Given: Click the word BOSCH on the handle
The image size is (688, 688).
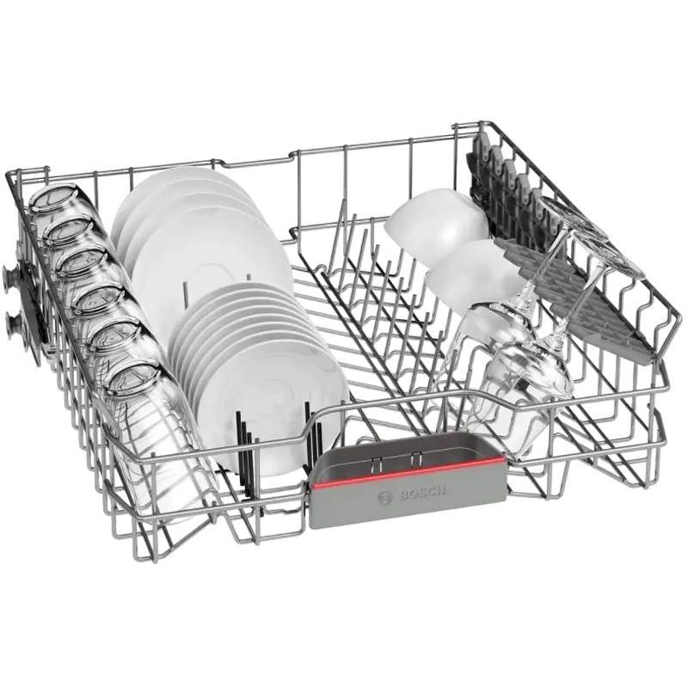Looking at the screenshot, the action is (421, 490).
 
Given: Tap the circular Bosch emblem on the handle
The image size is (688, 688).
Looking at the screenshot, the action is (385, 498).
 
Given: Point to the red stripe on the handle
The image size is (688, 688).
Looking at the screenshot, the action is (408, 470).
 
